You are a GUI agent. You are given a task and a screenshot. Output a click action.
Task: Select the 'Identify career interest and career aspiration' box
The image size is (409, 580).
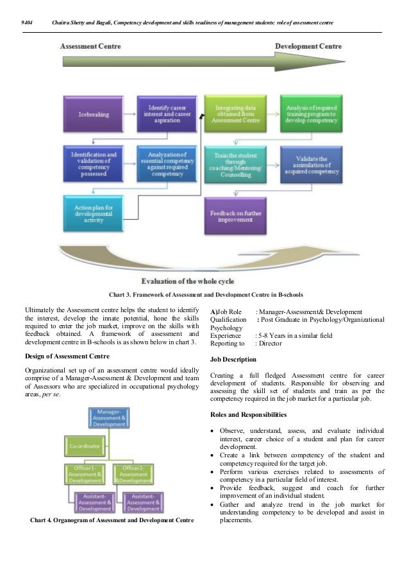[x=167, y=114]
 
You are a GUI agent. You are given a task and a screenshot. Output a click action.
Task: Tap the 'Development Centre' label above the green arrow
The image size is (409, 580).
[x=308, y=46]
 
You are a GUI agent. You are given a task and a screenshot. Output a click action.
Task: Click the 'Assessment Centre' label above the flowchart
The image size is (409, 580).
[x=90, y=46]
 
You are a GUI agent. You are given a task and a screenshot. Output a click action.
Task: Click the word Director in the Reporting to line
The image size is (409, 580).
[x=270, y=344]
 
